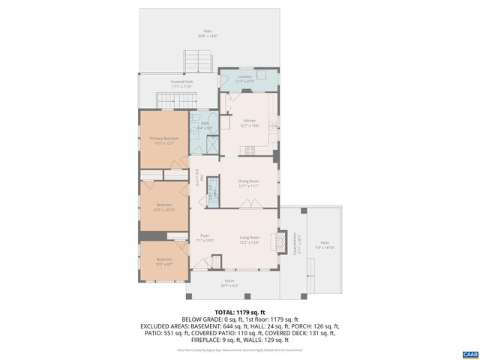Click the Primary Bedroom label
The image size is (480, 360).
click(163, 140)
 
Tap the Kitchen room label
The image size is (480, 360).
click(249, 123)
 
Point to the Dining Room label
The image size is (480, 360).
click(248, 183)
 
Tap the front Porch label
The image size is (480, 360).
click(229, 283)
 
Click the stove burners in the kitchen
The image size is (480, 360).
click(250, 149)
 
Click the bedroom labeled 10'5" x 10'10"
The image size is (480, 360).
click(164, 207)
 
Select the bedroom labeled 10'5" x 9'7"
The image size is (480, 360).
click(164, 262)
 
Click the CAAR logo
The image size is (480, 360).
click(469, 353)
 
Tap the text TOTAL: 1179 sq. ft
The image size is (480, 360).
click(240, 312)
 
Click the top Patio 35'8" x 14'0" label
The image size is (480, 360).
click(207, 33)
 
